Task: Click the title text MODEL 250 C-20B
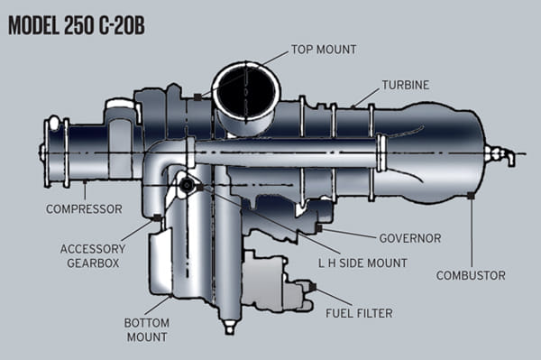pyautogui.click(x=77, y=25)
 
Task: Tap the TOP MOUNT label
pyautogui.click(x=324, y=50)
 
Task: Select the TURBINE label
pyautogui.click(x=406, y=85)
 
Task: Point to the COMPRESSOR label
pyautogui.click(x=84, y=208)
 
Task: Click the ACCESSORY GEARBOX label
pyautogui.click(x=93, y=255)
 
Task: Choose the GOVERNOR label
pyautogui.click(x=410, y=238)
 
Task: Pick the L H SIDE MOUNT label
pyautogui.click(x=362, y=263)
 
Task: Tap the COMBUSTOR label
pyautogui.click(x=471, y=275)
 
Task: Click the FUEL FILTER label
pyautogui.click(x=359, y=313)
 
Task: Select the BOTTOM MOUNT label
pyautogui.click(x=147, y=329)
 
